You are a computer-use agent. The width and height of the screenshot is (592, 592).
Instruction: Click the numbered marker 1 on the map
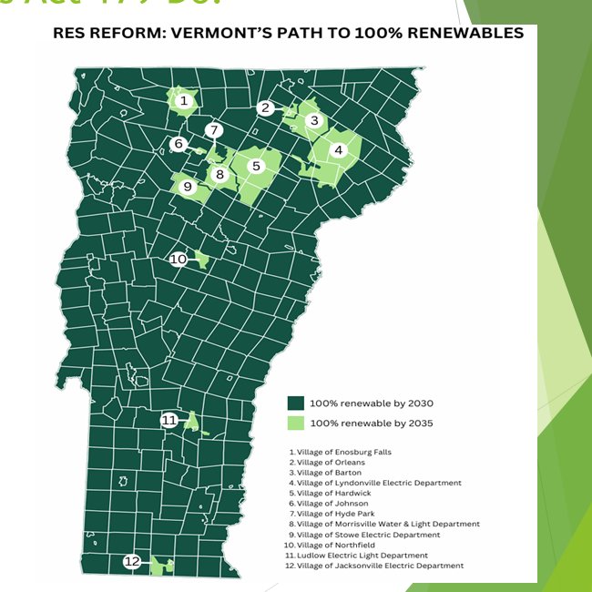(x=184, y=100)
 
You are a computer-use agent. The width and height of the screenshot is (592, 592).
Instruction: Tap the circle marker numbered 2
(x=265, y=107)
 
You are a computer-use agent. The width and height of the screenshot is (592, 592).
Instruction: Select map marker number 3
(x=314, y=120)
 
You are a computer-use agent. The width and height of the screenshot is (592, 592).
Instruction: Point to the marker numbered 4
(x=339, y=150)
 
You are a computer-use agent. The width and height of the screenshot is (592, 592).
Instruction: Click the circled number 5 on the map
(x=257, y=166)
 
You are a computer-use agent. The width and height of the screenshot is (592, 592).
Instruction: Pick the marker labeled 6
(x=179, y=144)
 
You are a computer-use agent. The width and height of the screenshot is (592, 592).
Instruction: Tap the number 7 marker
(x=213, y=130)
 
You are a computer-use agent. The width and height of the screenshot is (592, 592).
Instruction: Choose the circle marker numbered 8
(x=219, y=174)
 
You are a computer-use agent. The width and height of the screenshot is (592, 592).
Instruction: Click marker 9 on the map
(x=188, y=187)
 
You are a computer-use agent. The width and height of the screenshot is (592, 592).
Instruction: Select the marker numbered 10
(x=179, y=259)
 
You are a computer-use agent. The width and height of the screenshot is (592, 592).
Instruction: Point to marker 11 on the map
(x=169, y=420)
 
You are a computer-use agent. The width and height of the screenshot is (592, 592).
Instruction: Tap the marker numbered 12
(x=133, y=561)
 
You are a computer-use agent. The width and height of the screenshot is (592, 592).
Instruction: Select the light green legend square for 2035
(x=295, y=423)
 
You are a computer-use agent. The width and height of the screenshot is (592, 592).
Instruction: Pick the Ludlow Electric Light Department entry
(x=357, y=556)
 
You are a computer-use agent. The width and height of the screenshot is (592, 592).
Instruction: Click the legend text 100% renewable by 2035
(x=371, y=423)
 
